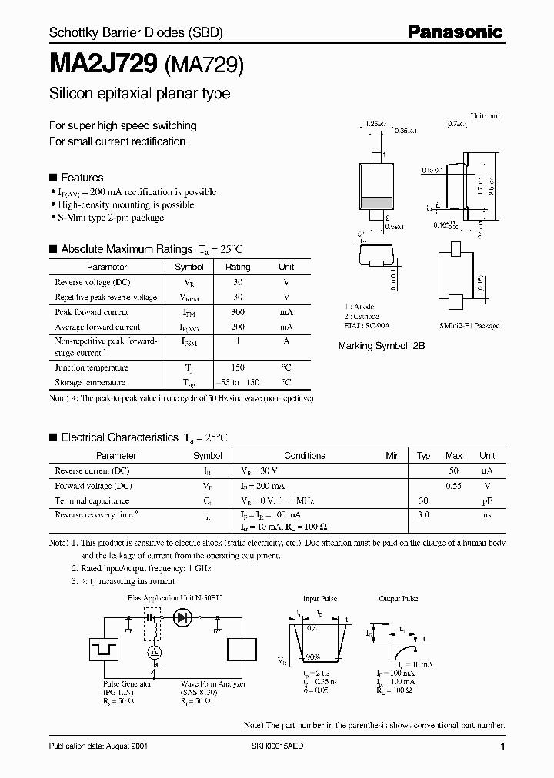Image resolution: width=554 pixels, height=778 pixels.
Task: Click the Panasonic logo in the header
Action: click(454, 32)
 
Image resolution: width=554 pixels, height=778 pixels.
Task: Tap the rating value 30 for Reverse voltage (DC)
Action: click(238, 283)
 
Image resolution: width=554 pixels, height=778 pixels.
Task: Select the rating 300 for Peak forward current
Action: click(238, 313)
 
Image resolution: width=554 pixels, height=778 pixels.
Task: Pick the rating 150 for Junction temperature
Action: click(238, 368)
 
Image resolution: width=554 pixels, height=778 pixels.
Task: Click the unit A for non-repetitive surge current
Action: click(285, 341)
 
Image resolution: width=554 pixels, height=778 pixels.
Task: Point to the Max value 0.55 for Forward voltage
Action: click(454, 486)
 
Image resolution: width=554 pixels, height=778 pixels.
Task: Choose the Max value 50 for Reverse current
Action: click(454, 470)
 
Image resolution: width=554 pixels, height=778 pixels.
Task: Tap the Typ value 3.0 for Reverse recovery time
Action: click(422, 514)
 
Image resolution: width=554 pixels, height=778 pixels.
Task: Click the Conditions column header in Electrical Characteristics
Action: click(305, 456)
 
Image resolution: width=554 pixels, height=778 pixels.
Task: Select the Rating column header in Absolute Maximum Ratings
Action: click(238, 268)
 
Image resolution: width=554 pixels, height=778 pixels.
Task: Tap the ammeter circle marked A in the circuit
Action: click(153, 651)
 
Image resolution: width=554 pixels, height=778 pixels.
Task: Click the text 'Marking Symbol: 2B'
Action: click(381, 347)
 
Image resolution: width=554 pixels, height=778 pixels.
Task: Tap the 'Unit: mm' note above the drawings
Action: click(485, 115)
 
